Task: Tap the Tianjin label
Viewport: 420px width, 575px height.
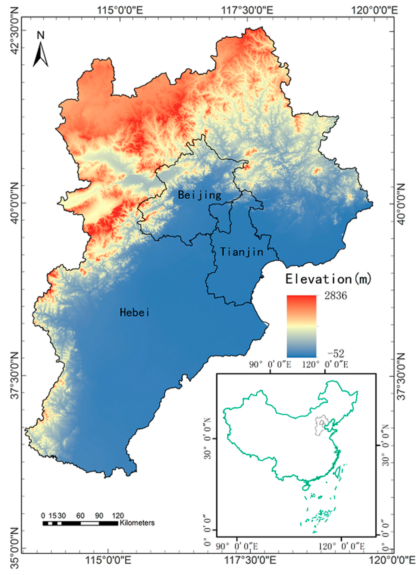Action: point(242,252)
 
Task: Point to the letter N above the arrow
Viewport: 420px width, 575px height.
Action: point(41,35)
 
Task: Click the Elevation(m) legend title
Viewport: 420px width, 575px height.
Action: point(328,279)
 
